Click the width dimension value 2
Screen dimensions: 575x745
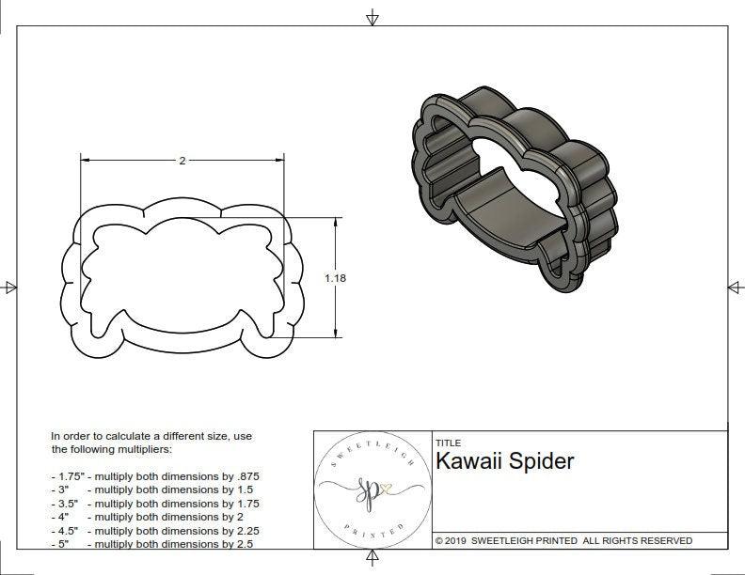pos(182,161)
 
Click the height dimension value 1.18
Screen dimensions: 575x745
pos(334,278)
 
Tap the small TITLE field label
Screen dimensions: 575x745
pos(448,443)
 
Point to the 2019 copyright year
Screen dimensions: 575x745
pos(457,540)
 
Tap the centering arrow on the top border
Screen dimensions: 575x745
pos(372,16)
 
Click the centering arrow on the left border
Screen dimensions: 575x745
pos(9,287)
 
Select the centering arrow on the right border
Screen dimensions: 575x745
pos(734,287)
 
